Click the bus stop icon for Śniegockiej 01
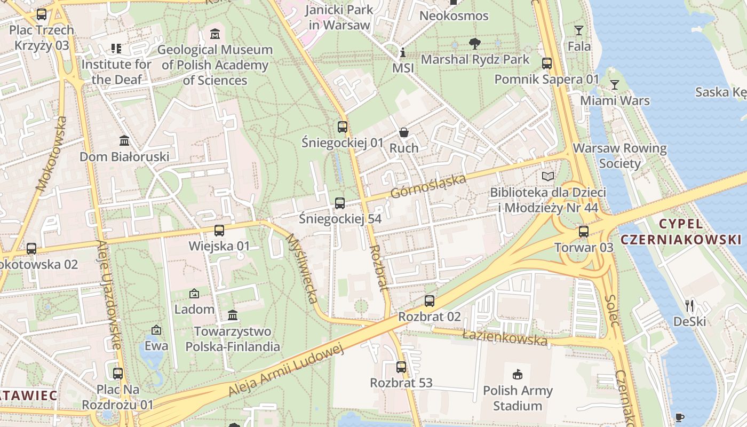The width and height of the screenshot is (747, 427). click(x=343, y=127)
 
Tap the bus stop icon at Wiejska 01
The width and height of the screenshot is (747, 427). click(x=219, y=231)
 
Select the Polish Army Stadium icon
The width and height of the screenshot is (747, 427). click(x=517, y=375)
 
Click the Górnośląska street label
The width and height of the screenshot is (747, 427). click(x=428, y=186)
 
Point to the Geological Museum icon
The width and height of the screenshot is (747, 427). click(x=215, y=34)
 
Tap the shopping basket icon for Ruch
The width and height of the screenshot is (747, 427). click(x=404, y=132)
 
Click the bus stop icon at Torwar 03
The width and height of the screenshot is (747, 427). click(x=584, y=232)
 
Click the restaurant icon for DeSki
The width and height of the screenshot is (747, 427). click(x=689, y=305)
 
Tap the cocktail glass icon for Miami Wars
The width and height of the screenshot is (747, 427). click(x=615, y=85)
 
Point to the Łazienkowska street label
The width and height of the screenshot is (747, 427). click(x=505, y=337)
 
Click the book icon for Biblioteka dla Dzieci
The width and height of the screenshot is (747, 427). click(x=547, y=176)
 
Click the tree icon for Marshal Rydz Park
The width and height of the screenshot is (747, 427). click(x=474, y=43)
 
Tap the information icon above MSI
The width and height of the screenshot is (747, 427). click(x=403, y=53)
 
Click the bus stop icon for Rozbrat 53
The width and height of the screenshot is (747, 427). click(x=401, y=367)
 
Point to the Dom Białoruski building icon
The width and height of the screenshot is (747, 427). click(x=124, y=140)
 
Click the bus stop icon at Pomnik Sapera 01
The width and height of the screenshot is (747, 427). click(x=547, y=64)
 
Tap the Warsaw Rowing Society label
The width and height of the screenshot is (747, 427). click(x=619, y=155)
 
